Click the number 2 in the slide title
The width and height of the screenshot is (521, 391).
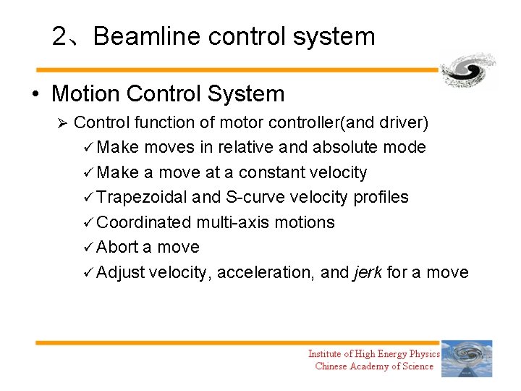click(59, 36)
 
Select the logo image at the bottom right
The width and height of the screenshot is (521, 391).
click(467, 358)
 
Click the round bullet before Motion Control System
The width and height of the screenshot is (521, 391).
click(35, 95)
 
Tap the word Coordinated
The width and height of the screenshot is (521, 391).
click(143, 222)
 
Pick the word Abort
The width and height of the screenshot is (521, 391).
click(117, 248)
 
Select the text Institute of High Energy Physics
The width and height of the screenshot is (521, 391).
click(373, 353)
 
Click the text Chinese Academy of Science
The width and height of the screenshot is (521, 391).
click(374, 366)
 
